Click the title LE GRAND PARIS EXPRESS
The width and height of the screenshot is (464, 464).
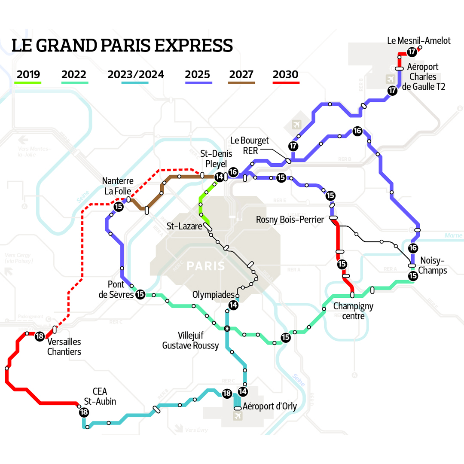(122, 46)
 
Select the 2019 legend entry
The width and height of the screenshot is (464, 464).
(28, 75)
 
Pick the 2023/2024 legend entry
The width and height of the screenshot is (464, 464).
(136, 75)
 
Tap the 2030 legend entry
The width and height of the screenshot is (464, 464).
(285, 75)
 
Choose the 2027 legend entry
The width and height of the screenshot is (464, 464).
(241, 75)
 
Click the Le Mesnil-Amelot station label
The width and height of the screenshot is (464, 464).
(419, 41)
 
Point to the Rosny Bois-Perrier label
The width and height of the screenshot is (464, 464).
(290, 220)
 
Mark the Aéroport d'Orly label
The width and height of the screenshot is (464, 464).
(270, 406)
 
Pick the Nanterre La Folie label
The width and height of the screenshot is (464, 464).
(118, 186)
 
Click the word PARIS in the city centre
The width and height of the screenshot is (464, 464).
(206, 266)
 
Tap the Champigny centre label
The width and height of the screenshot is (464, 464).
(353, 311)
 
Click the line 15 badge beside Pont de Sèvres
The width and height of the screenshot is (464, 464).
(140, 294)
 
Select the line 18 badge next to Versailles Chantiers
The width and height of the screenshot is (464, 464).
(40, 336)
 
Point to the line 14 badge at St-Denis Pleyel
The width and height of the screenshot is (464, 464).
(220, 177)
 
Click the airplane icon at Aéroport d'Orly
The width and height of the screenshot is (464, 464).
(237, 416)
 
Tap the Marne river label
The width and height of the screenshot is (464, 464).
(453, 235)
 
